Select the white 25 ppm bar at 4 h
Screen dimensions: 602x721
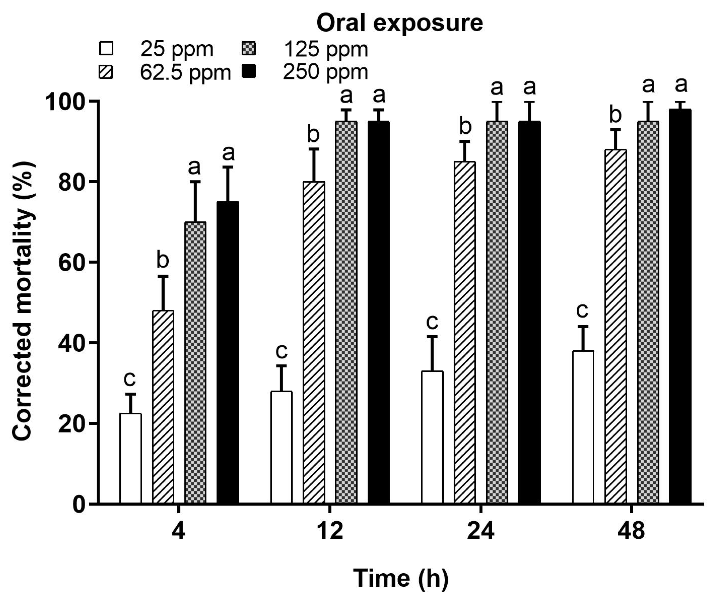tap(130, 458)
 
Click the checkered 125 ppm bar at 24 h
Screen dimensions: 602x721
tap(497, 312)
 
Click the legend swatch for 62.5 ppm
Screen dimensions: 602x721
tap(106, 73)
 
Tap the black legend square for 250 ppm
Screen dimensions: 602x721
tap(249, 72)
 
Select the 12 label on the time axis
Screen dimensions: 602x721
tap(329, 531)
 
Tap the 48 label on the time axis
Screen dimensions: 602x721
tap(631, 531)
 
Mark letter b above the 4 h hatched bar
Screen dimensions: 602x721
tap(163, 260)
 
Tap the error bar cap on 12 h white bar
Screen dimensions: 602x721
tap(282, 366)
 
